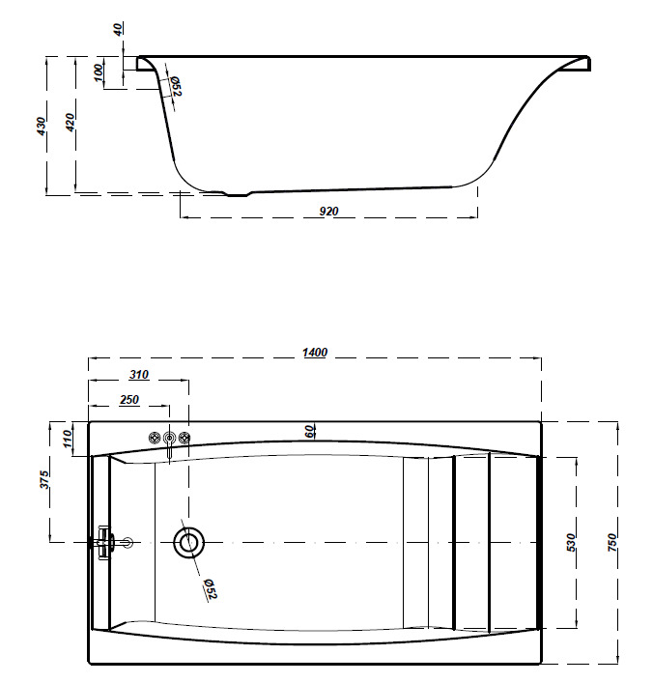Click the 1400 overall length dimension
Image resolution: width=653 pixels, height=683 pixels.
click(315, 353)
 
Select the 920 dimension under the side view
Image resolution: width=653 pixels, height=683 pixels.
click(328, 211)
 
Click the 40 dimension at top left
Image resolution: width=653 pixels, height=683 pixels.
click(119, 29)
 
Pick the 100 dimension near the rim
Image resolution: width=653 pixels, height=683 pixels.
click(99, 73)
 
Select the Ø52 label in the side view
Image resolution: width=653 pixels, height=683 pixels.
click(176, 87)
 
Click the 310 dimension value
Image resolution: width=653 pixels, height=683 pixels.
click(138, 375)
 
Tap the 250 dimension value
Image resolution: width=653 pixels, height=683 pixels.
click(129, 399)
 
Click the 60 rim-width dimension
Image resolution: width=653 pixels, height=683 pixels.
click(310, 431)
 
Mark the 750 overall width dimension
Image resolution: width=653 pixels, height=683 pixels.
click(611, 542)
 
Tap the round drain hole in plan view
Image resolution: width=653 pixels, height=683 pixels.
click(188, 542)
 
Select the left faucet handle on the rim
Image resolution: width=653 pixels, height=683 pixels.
click(154, 439)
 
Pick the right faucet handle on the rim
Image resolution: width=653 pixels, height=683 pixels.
click(185, 439)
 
